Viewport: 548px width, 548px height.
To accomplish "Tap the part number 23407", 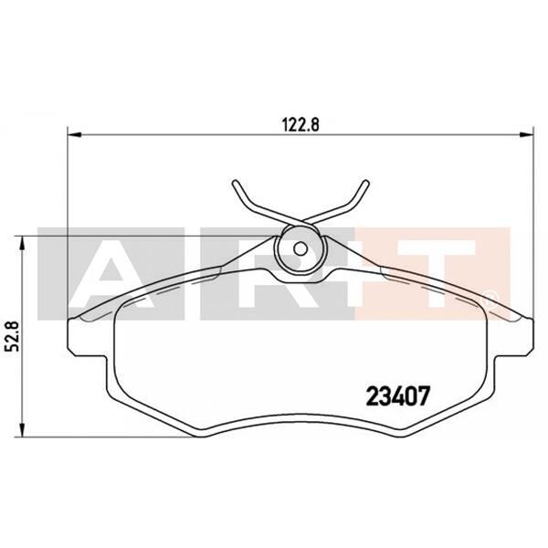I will coord(397,396).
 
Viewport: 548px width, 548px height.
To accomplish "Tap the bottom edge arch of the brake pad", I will coord(300,417).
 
